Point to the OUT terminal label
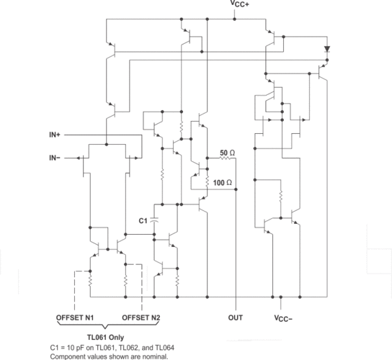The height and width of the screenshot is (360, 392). (236, 317)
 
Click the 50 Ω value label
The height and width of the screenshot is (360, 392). (228, 153)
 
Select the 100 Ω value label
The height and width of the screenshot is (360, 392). (224, 184)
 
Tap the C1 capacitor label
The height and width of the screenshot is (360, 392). (143, 221)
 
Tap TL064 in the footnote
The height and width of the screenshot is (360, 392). (163, 347)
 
